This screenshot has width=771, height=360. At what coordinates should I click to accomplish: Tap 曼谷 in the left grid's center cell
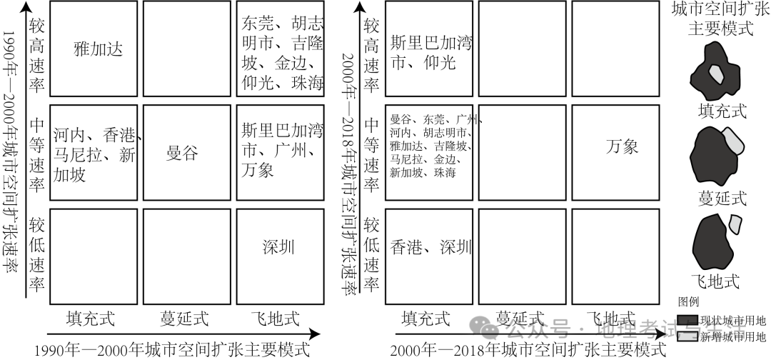(x=182, y=152)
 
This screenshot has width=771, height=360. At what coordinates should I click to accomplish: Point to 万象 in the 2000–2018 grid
(x=622, y=147)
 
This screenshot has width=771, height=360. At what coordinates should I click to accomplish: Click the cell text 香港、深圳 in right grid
(x=431, y=248)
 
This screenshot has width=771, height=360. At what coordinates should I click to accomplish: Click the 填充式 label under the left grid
(x=91, y=318)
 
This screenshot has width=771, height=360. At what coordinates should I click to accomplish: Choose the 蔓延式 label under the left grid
(x=182, y=318)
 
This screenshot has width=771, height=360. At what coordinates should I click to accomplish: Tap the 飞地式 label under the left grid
(x=275, y=318)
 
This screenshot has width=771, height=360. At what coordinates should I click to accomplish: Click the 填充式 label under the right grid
(x=427, y=318)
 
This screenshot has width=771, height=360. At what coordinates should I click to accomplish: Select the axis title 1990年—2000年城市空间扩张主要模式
(x=172, y=349)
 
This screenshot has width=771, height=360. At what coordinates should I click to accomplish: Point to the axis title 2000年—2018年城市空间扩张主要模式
(x=528, y=349)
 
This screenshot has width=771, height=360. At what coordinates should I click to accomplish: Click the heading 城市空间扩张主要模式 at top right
(x=721, y=19)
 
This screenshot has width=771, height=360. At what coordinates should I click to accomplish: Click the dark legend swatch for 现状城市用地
(x=687, y=320)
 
